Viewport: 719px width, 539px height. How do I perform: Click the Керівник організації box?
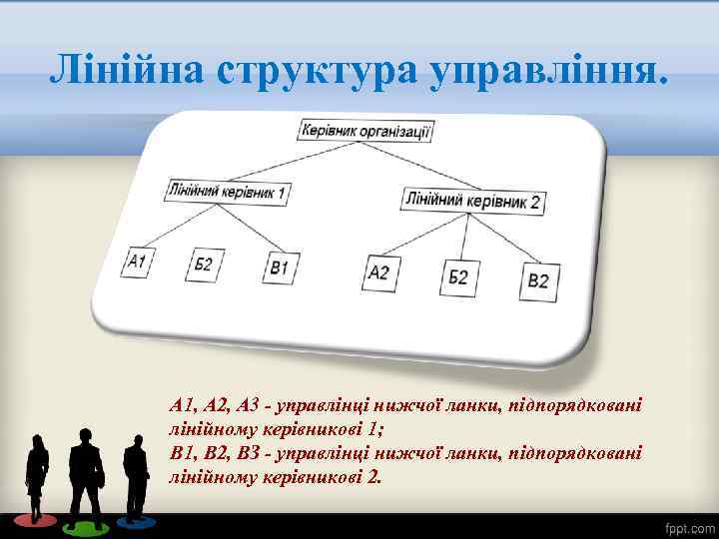pos(364,130)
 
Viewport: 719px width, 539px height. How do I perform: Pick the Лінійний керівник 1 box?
pos(229,191)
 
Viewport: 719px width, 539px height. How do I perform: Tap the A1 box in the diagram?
pos(138,263)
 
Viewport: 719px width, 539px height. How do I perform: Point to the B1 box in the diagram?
pos(279,267)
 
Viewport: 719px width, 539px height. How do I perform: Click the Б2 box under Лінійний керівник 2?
pos(457,275)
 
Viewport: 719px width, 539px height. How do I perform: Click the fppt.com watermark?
pos(688,526)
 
